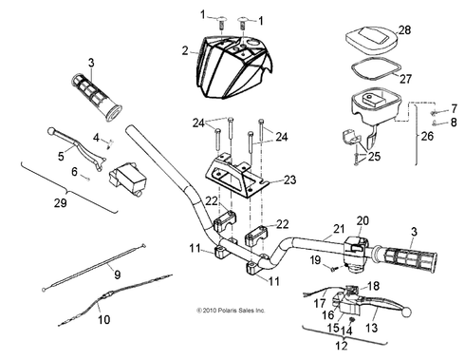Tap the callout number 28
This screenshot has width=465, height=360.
[405, 32]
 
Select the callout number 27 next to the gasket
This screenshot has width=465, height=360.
[405, 80]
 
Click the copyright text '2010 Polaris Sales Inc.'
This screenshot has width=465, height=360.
[229, 310]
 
